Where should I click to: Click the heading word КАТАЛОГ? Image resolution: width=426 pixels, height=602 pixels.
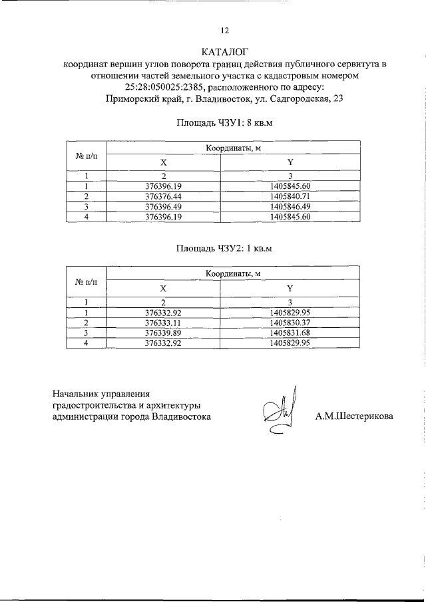point(224,52)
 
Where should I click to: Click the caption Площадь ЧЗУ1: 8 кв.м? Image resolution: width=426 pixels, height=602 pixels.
point(224,123)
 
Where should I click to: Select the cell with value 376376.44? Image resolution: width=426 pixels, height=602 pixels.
point(163,197)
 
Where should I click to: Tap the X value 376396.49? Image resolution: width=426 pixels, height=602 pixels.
point(163,207)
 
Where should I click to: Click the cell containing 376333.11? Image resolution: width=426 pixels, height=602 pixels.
point(163,322)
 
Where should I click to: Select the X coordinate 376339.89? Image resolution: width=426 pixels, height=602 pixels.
point(163,332)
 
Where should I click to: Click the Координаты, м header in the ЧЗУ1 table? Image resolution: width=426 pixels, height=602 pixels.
point(232,148)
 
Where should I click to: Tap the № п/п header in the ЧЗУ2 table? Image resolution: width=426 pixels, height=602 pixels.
point(87,282)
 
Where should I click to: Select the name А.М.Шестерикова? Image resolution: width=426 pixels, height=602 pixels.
point(354,417)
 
